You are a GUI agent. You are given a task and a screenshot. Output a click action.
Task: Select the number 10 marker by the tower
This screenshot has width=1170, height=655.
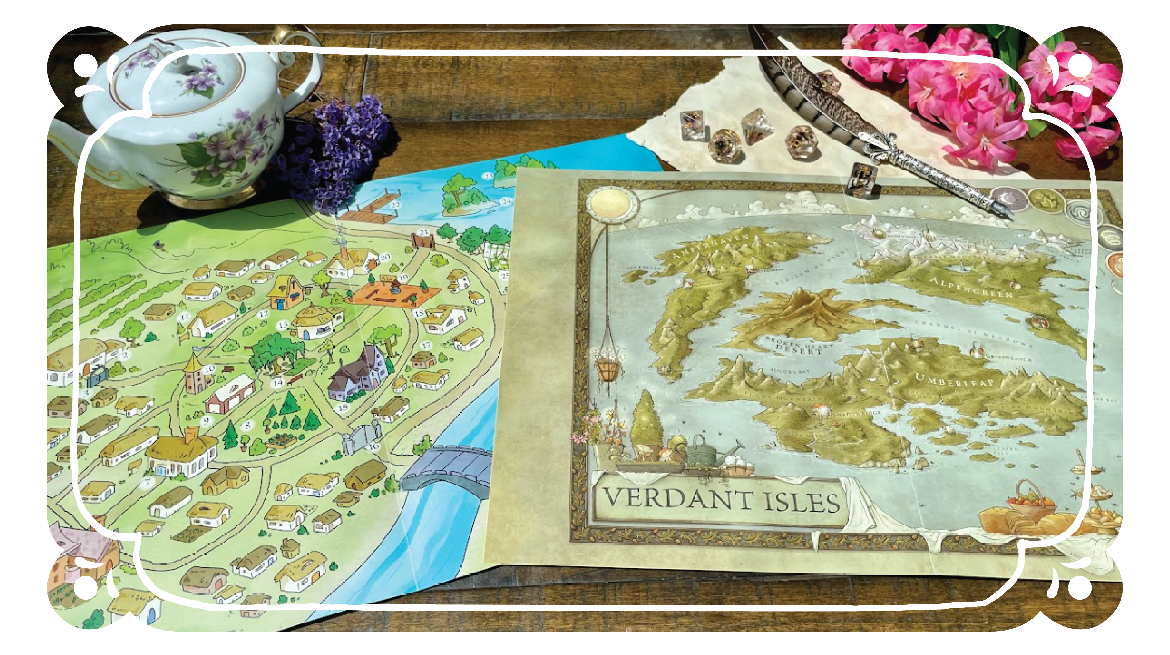tap(209, 369)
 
